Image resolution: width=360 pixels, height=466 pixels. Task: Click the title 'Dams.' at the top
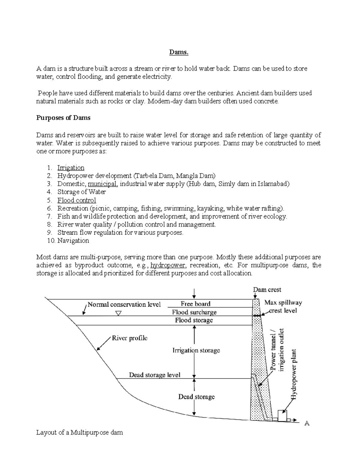(179, 52)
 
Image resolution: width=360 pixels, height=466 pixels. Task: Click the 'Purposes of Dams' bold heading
(63, 118)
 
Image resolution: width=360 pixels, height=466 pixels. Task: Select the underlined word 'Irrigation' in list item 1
(71, 168)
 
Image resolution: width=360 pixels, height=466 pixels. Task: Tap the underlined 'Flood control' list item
(77, 200)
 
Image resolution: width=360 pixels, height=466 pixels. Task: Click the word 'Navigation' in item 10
(73, 241)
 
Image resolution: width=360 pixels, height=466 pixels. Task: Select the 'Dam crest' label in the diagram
(267, 290)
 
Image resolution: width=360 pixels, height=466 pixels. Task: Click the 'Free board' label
(196, 304)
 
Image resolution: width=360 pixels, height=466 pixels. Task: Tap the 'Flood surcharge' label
(194, 312)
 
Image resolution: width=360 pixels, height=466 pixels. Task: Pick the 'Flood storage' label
(194, 320)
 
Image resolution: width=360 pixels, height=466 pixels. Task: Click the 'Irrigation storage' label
(196, 350)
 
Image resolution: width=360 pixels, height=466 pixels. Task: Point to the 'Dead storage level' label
(154, 375)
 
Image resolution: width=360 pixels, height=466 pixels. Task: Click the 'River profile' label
(130, 338)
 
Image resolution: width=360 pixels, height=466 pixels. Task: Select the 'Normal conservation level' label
(124, 305)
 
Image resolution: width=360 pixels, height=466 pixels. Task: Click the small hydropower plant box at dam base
(282, 416)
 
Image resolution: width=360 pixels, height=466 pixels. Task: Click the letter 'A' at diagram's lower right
(307, 423)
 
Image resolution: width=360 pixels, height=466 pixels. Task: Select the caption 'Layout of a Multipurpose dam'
(79, 433)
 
